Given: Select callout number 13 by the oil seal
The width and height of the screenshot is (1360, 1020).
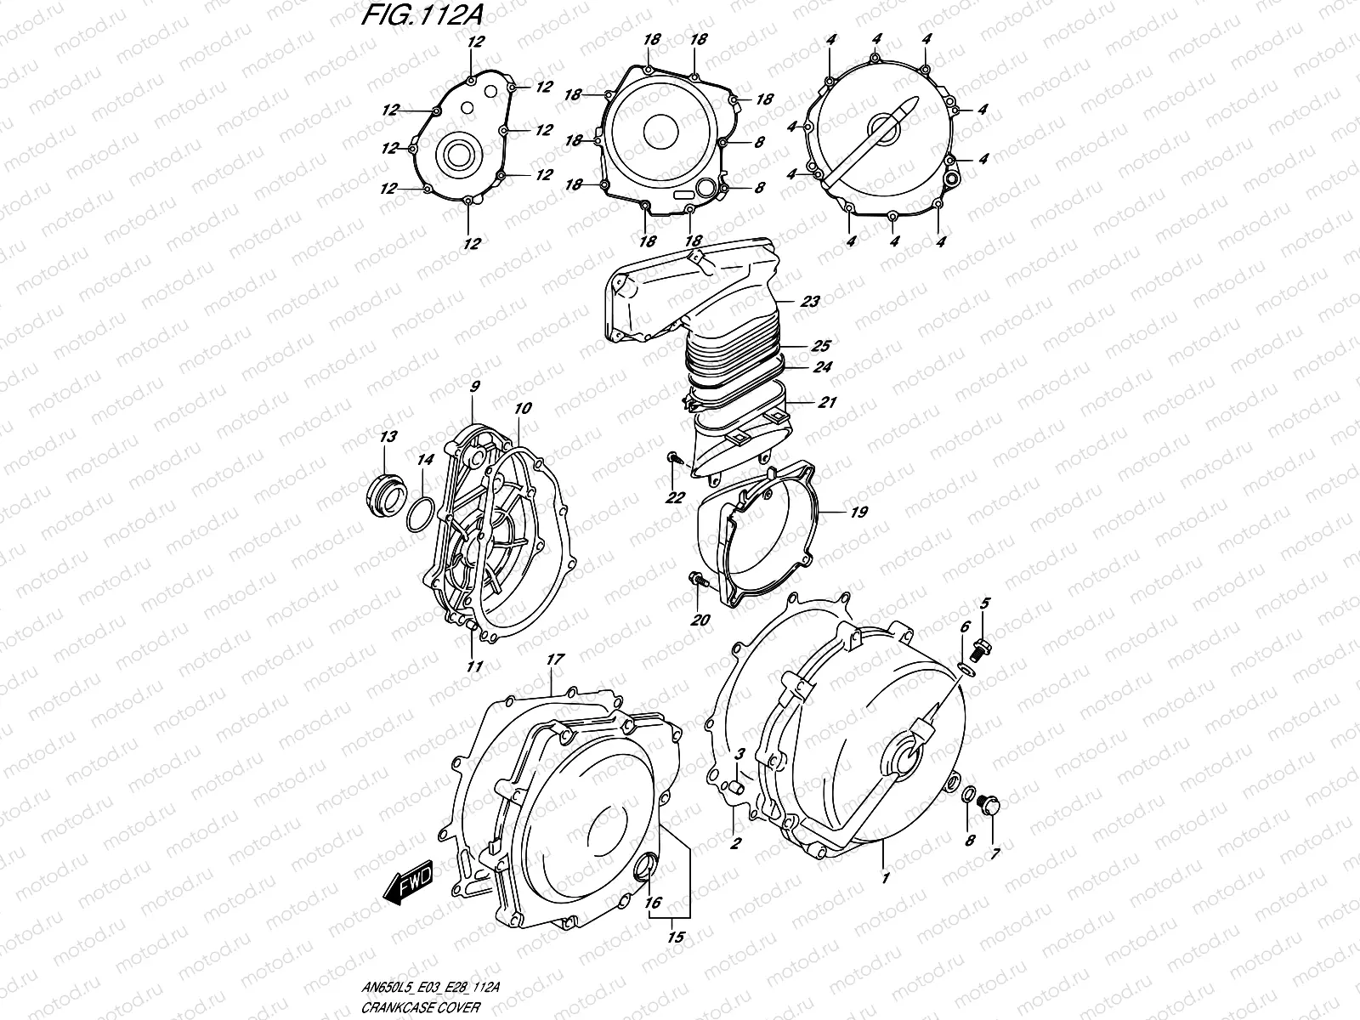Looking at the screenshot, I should point(388,438).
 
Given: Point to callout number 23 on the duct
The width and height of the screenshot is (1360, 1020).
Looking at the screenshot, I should point(809,301).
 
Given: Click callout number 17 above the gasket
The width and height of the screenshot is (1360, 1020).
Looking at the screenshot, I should point(555,659).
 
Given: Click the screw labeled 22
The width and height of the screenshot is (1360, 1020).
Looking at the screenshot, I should point(673,459).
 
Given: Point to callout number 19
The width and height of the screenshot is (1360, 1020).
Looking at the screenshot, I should point(858,513).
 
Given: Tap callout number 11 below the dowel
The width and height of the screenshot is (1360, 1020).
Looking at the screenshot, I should point(474,666).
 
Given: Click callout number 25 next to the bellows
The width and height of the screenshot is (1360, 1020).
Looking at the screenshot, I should point(820,346).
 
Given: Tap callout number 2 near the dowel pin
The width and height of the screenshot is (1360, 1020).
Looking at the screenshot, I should point(735,843).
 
